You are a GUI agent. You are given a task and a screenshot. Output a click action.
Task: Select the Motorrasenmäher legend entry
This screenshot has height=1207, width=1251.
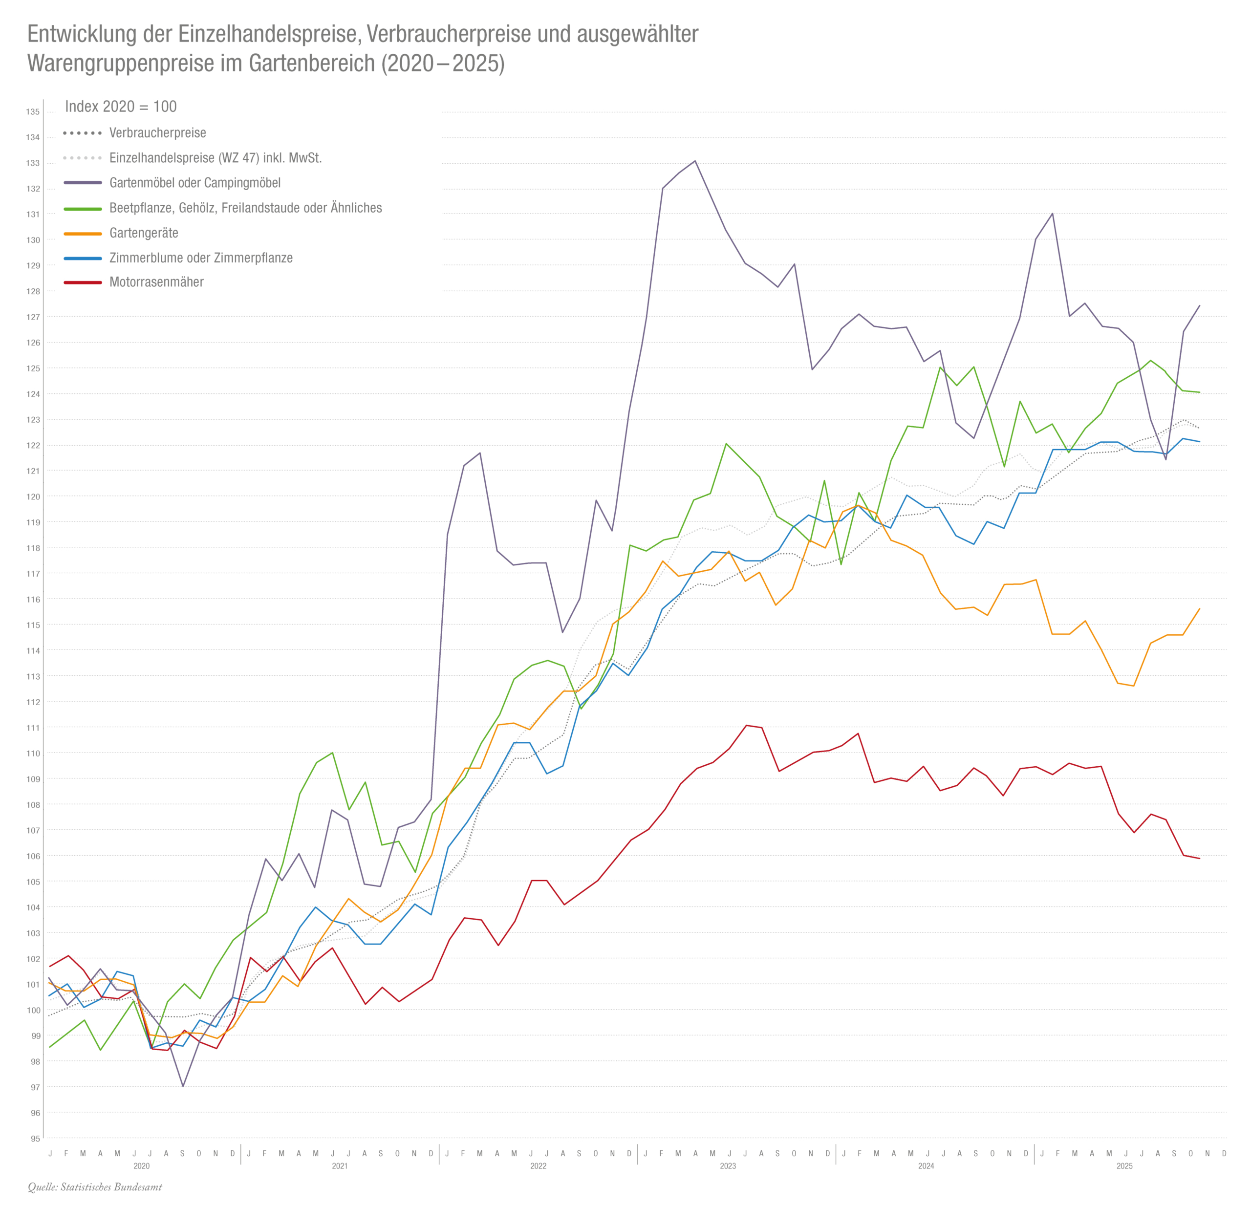(156, 282)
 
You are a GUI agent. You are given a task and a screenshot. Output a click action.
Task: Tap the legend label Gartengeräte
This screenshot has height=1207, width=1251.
(144, 233)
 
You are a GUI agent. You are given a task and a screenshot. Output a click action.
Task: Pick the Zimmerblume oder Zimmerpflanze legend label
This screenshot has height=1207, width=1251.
(200, 258)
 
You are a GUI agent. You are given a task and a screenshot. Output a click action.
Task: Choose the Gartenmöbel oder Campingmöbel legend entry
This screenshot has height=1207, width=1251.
(194, 183)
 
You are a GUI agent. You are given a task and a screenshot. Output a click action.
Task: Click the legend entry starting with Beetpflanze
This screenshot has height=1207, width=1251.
(245, 208)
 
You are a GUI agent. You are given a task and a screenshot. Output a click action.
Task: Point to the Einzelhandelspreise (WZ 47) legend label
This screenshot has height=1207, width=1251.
(215, 158)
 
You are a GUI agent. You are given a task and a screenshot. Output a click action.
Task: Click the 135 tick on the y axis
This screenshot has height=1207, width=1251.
(33, 112)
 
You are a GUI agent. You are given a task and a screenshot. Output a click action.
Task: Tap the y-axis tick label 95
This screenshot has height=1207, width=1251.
(35, 1138)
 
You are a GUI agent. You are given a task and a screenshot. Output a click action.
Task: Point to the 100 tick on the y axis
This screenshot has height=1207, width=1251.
(33, 1010)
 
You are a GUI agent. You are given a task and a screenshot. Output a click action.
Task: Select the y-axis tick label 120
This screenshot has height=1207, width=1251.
(33, 496)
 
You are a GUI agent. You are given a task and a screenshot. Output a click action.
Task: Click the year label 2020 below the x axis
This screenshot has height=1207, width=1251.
(141, 1165)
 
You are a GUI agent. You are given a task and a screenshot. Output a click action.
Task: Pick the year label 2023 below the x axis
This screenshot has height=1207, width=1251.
(728, 1165)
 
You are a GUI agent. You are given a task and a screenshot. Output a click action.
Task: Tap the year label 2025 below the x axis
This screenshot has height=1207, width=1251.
(1124, 1165)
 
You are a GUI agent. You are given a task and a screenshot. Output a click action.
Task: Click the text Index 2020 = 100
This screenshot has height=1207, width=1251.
(121, 107)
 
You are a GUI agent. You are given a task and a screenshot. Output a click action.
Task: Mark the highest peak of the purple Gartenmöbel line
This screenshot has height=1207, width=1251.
(695, 161)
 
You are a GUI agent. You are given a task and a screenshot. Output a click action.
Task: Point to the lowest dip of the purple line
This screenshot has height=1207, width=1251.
(183, 1086)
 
